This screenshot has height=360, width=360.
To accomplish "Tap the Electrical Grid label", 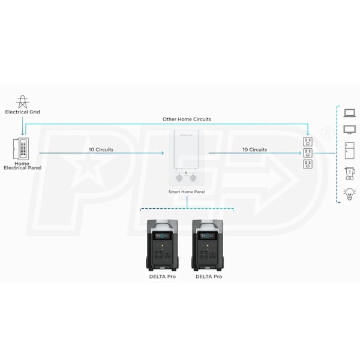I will click(x=22, y=112).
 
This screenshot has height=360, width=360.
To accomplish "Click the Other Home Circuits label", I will click(x=187, y=119).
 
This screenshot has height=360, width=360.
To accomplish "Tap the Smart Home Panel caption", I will click(x=187, y=192).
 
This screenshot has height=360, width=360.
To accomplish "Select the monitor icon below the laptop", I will click(x=349, y=129).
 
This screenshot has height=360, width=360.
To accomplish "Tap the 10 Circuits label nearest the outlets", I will click(x=254, y=149).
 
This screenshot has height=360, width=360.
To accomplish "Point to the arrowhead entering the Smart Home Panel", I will click(x=162, y=153).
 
